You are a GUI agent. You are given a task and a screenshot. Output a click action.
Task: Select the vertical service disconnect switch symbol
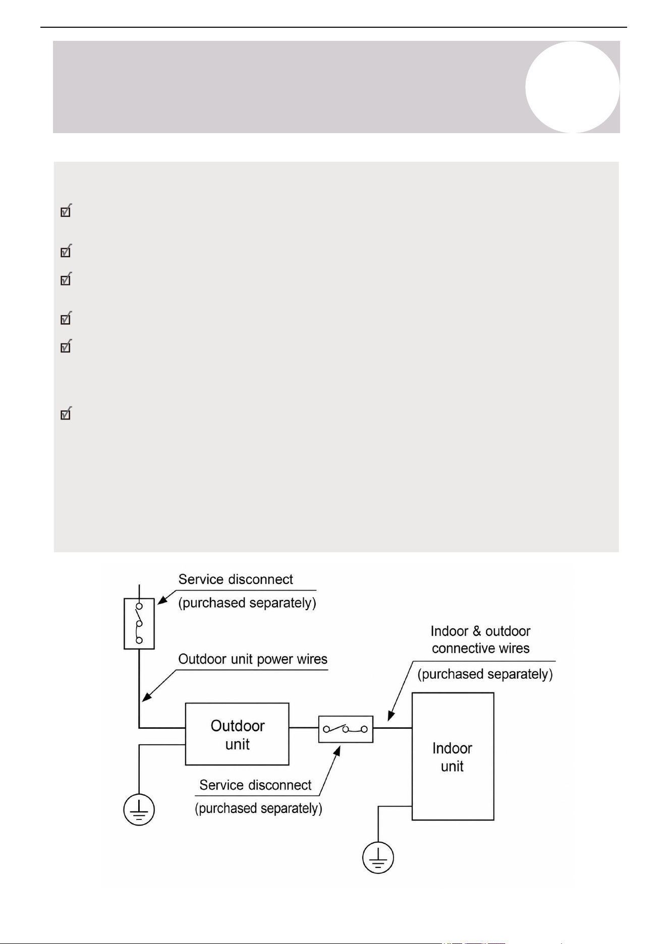point(139,623)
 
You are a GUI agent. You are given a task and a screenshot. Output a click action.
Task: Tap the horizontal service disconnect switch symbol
point(346,729)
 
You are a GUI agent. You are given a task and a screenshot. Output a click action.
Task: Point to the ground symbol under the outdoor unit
point(139,810)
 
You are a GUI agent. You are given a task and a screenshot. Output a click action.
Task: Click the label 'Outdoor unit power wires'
point(253,659)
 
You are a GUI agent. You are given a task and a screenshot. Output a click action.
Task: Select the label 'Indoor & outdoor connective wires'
point(480,639)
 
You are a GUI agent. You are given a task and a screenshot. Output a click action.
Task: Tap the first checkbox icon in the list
point(66,210)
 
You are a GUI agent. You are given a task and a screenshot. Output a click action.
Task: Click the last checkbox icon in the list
point(66,414)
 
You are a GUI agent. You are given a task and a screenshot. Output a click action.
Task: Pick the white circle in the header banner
point(572,87)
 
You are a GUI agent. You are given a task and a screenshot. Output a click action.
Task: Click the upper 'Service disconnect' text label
point(236,579)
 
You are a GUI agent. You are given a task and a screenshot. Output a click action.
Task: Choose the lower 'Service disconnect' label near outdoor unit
point(255,785)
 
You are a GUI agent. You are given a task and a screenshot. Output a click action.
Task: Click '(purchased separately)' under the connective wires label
point(485,674)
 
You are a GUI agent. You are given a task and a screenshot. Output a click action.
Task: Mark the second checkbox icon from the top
point(66,251)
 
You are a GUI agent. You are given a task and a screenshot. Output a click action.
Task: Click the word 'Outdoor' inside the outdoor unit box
point(237,726)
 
